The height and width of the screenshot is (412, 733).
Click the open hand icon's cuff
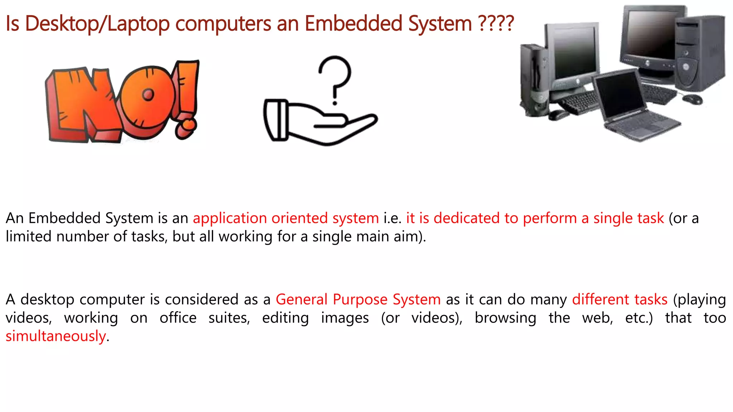pyautogui.click(x=276, y=120)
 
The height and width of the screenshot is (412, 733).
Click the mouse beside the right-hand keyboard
pyautogui.click(x=692, y=99)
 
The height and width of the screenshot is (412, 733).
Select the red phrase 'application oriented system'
pyautogui.click(x=286, y=218)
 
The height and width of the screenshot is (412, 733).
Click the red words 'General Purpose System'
pyautogui.click(x=358, y=299)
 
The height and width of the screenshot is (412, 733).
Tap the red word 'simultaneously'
pyautogui.click(x=56, y=336)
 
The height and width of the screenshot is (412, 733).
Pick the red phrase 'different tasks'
pyautogui.click(x=620, y=299)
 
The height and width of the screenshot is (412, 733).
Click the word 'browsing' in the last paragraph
pyautogui.click(x=505, y=318)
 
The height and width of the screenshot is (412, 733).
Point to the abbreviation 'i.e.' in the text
pyautogui.click(x=392, y=218)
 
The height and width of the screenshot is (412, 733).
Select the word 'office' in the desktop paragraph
pyautogui.click(x=178, y=318)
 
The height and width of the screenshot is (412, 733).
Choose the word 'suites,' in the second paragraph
pyautogui.click(x=229, y=318)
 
